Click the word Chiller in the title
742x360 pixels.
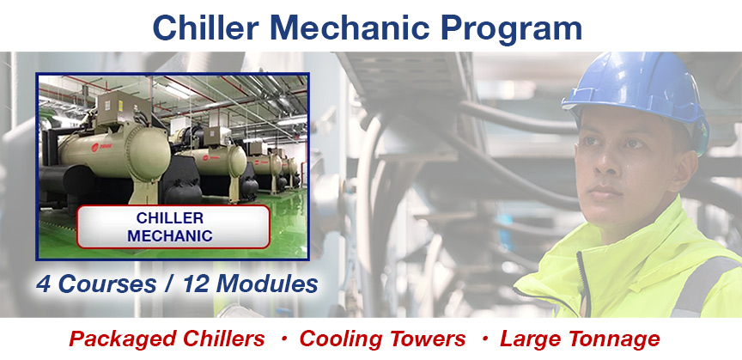(206, 27)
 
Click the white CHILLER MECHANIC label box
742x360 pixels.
(173, 227)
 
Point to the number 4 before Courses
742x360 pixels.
(44, 284)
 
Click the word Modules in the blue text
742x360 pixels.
(267, 284)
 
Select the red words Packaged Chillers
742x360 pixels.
(167, 339)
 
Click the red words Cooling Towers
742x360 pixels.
(382, 339)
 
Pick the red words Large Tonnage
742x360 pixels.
(580, 339)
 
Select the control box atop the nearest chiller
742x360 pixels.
(119, 108)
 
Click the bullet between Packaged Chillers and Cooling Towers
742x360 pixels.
(284, 339)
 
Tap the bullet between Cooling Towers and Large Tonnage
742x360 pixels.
(484, 339)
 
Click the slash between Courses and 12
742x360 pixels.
(170, 284)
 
